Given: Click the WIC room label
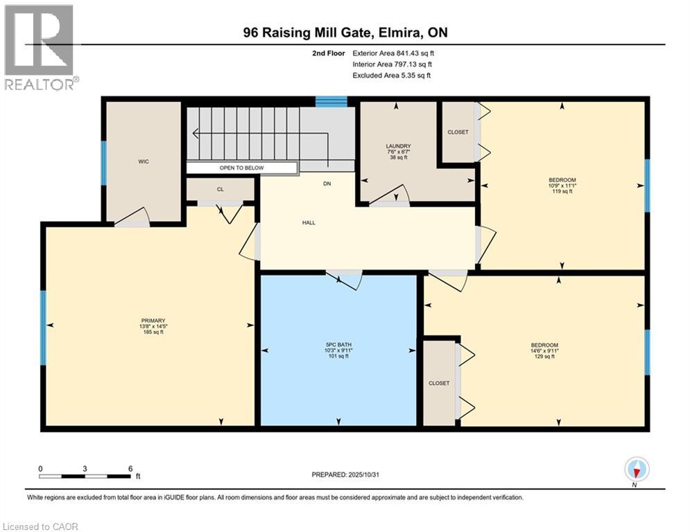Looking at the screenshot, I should tap(144, 161).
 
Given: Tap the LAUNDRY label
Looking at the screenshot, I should tap(399, 146).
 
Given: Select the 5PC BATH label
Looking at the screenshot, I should tap(338, 344).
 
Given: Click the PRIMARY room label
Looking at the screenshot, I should tap(152, 321).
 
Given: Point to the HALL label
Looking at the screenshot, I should tap(309, 222).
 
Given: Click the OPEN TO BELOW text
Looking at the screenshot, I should tap(241, 168).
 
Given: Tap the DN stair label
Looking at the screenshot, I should tap(327, 184).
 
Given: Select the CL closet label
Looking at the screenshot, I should tap(220, 188).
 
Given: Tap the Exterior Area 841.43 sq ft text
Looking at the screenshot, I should tap(393, 53).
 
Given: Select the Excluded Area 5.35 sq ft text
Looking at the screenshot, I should tap(391, 75).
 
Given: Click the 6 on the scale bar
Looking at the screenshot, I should tap(130, 468).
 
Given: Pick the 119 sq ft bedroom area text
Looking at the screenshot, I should tap(562, 191).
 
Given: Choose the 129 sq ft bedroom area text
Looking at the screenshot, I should tap(544, 357).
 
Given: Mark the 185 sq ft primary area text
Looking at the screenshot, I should tap(152, 332).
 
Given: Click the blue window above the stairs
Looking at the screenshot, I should tap(331, 101).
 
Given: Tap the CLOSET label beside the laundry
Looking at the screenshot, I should tap(458, 132).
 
